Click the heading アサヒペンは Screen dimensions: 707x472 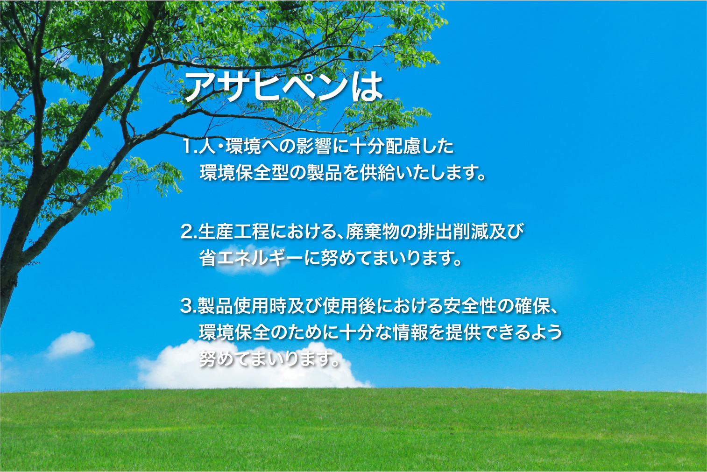click(x=283, y=88)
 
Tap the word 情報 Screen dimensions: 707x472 click(x=411, y=332)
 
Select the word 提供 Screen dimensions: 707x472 click(x=463, y=332)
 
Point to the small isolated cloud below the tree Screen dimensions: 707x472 click(x=70, y=345)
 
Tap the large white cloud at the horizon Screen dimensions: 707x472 click(x=249, y=367)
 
